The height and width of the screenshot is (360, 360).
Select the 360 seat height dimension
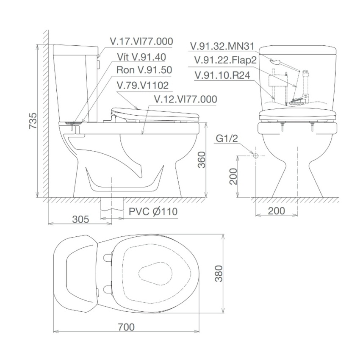pyautogui.click(x=202, y=160)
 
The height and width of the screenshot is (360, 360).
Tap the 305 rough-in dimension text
pyautogui.click(x=80, y=219)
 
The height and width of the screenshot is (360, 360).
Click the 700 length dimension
pyautogui.click(x=126, y=327)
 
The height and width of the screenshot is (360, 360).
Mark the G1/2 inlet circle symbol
pyautogui.click(x=255, y=156)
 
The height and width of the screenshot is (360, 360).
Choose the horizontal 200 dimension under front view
pyautogui.click(x=277, y=211)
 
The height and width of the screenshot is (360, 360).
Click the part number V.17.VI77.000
pyautogui.click(x=141, y=41)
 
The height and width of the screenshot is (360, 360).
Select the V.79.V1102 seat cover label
pyautogui.click(x=142, y=86)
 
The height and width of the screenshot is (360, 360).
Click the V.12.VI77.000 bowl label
pyautogui.click(x=185, y=99)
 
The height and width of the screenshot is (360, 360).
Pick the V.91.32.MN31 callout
pyautogui.click(x=223, y=47)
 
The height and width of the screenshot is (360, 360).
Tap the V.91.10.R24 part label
pyautogui.click(x=221, y=75)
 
